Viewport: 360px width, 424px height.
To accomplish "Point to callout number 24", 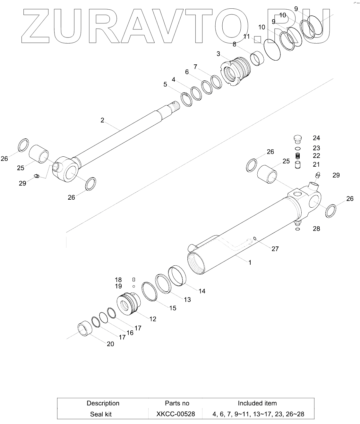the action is point(316,138).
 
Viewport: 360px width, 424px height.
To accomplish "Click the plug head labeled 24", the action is point(297,139).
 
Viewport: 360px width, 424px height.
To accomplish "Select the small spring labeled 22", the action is point(298,156).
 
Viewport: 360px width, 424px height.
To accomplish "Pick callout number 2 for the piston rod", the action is point(102,120).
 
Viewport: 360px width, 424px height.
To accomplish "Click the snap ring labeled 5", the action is point(186,99).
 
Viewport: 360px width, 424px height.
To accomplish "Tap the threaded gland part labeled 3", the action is point(236,71).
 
